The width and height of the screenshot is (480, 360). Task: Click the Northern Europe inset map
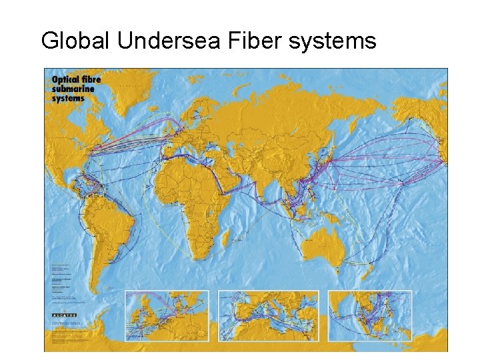pos(167,315)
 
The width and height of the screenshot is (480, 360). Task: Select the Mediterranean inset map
pos(268,315)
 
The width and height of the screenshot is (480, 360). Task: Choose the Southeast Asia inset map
pos(370,315)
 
